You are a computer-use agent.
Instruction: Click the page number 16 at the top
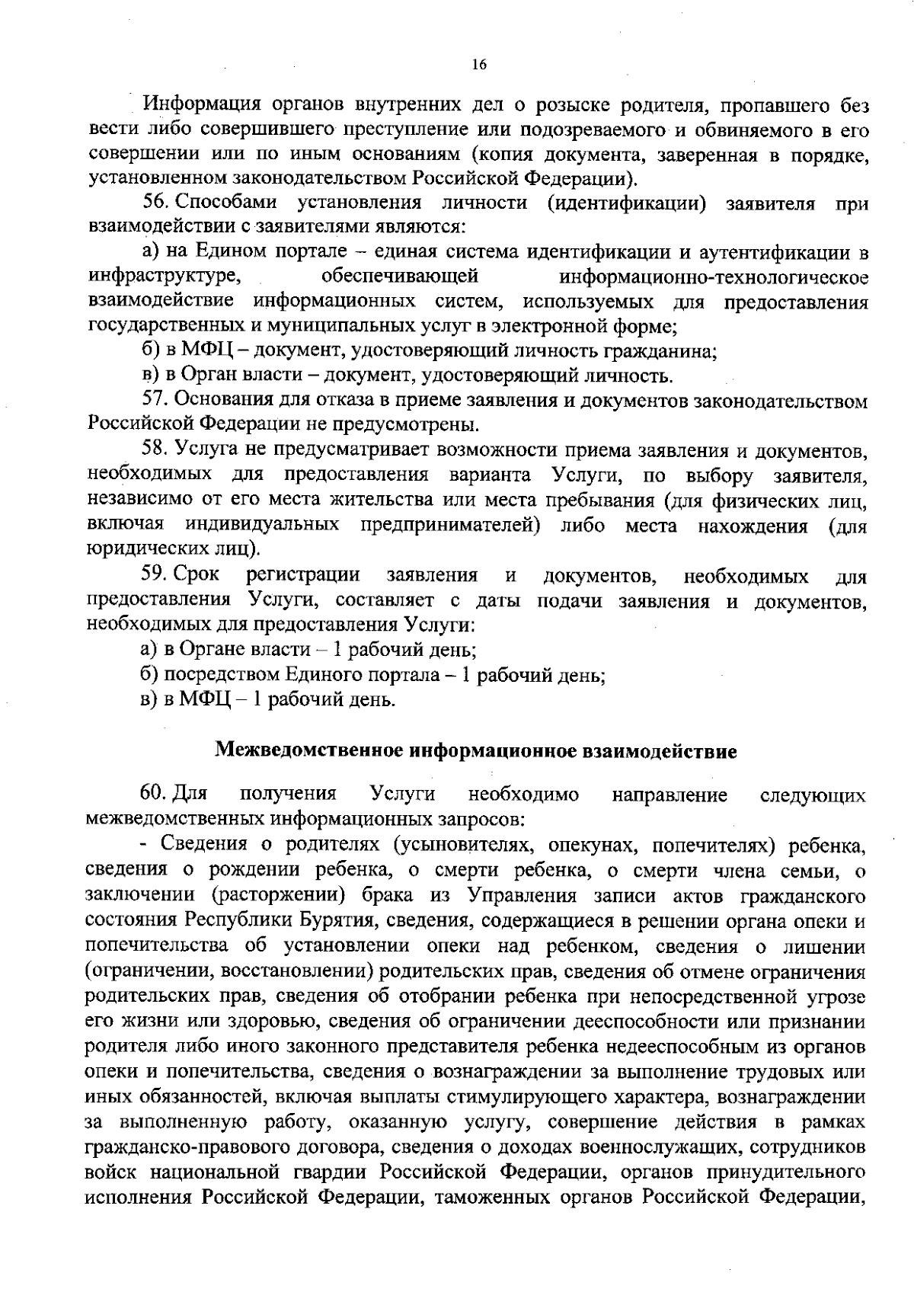coord(478,66)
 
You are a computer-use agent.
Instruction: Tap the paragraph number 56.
coord(153,203)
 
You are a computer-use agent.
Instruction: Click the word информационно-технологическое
coord(713,277)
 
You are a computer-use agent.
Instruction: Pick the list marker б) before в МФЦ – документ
coord(149,351)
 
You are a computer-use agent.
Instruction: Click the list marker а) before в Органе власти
coord(149,650)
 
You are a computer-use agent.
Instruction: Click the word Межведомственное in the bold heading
coord(308,751)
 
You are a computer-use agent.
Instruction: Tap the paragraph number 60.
coord(153,795)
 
